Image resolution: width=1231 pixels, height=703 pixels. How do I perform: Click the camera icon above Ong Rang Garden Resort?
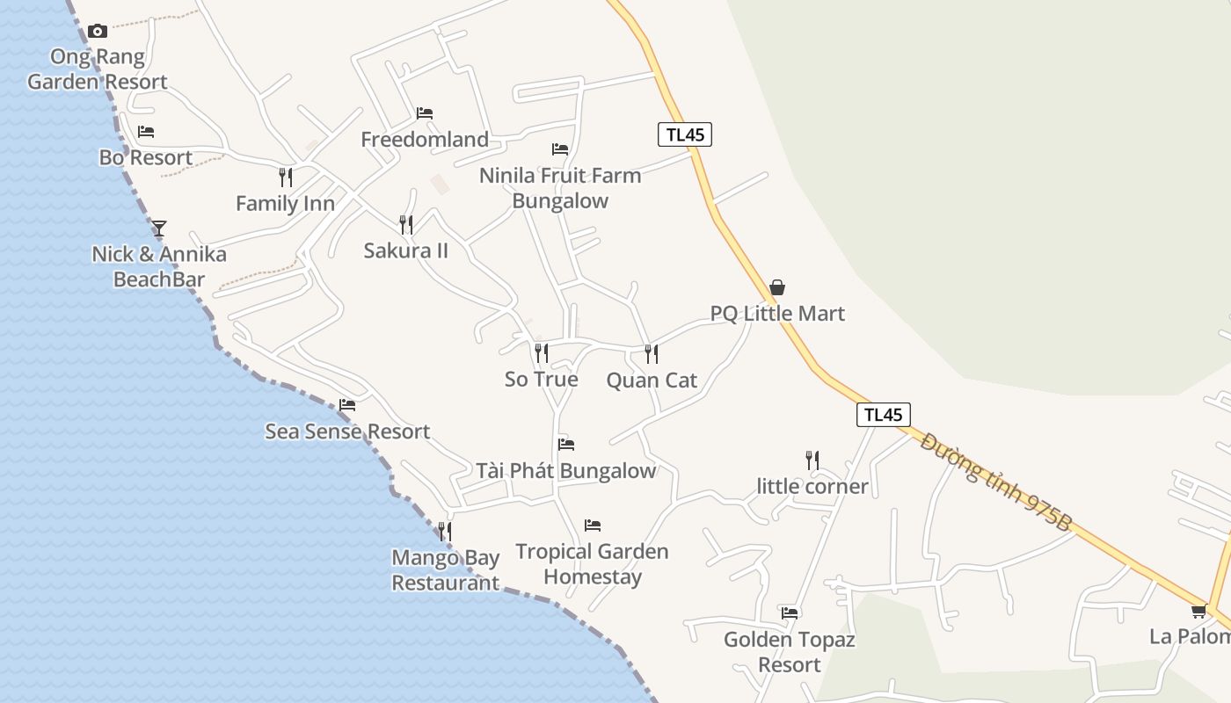point(98,32)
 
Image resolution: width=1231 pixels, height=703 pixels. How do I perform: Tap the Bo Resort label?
point(146,158)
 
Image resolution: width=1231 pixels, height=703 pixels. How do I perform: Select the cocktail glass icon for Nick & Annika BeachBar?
point(159,228)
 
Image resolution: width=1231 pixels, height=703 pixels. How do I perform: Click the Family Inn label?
point(285,204)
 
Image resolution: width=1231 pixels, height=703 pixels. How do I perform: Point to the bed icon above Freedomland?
point(425,113)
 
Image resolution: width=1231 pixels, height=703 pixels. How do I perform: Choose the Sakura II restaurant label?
point(406,250)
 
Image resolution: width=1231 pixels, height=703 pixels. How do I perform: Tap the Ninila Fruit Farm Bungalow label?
point(560,188)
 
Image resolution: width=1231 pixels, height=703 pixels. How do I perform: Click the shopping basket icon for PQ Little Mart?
point(777,287)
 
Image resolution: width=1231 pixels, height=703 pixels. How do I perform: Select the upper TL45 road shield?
point(684,134)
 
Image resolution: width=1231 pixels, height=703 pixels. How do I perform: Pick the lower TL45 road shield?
point(883,415)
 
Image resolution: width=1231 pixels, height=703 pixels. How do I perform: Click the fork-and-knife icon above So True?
point(542,353)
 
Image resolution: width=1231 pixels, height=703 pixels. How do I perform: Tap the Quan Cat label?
point(652,380)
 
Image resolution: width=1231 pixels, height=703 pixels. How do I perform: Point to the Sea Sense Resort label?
point(347,431)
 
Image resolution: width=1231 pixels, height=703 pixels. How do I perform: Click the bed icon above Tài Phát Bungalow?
point(566,445)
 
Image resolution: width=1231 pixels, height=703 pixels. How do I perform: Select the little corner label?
point(812,486)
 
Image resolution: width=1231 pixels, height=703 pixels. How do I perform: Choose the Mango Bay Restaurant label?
point(446,570)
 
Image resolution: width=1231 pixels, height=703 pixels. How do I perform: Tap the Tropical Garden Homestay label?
point(593,564)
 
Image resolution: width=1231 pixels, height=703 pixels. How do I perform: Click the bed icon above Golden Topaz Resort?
point(790,612)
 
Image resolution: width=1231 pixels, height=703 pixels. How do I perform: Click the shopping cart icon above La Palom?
point(1198,611)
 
